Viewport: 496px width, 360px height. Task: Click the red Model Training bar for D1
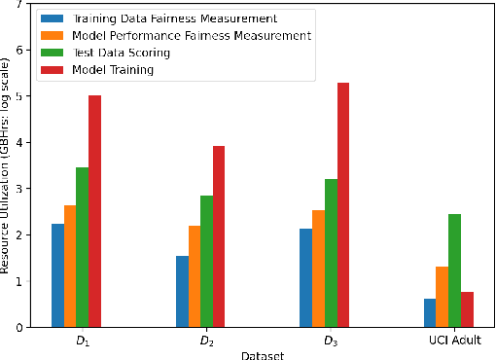[94, 211]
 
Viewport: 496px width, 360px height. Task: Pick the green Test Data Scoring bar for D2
[206, 262]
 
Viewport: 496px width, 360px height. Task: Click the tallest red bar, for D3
[342, 205]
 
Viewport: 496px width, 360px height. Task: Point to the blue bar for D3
[305, 278]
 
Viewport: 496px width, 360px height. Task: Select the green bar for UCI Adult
[454, 270]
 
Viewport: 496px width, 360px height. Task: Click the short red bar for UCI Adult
[467, 309]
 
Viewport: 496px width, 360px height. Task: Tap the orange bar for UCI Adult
[442, 297]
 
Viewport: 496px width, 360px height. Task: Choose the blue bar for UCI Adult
[430, 312]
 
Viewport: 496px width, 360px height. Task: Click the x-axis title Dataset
[262, 355]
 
